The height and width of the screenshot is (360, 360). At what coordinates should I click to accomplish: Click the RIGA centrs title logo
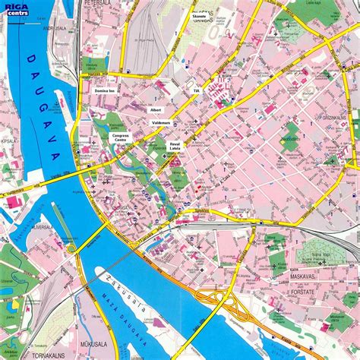click(14, 8)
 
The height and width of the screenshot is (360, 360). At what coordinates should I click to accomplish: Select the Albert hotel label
click(156, 109)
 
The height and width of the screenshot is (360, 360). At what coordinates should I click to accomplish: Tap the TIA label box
click(195, 90)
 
